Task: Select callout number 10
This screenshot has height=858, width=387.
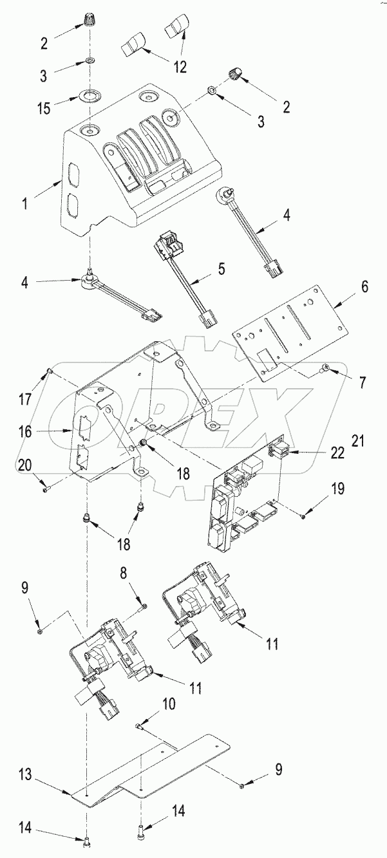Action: pyautogui.click(x=168, y=704)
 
